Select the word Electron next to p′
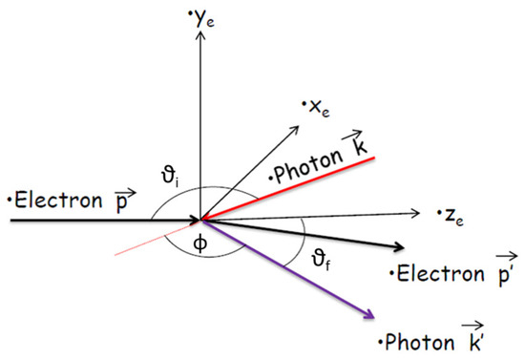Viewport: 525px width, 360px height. (433, 275)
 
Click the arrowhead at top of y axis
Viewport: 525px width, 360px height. (199, 32)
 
